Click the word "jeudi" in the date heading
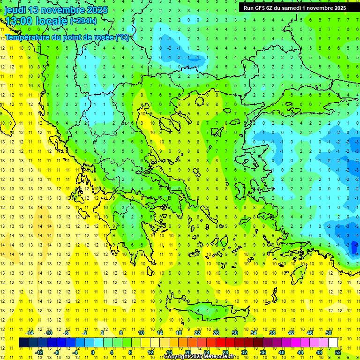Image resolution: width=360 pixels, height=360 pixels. pyautogui.click(x=15, y=10)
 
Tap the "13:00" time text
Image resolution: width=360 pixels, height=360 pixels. pyautogui.click(x=19, y=21)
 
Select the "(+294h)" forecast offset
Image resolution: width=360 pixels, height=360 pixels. pyautogui.click(x=83, y=21)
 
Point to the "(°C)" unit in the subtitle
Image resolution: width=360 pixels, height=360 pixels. pyautogui.click(x=123, y=37)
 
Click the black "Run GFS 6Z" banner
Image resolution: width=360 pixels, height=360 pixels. pyautogui.click(x=292, y=7)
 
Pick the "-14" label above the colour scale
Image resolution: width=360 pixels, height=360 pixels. pyautogui.click(x=29, y=333)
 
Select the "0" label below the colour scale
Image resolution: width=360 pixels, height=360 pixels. pyautogui.click(x=93, y=352)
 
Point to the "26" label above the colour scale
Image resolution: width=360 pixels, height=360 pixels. pyautogui.click(x=216, y=333)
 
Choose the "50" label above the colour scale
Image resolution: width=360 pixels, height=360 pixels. pyautogui.click(x=329, y=333)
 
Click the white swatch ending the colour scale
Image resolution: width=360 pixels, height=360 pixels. pyautogui.click(x=333, y=343)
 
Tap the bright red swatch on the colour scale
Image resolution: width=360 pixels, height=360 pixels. pyautogui.click(x=221, y=343)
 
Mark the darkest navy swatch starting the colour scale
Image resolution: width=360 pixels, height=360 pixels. pyautogui.click(x=23, y=343)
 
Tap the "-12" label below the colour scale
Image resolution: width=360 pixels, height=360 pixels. pyautogui.click(x=38, y=352)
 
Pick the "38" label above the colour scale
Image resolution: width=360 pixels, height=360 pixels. pyautogui.click(x=272, y=333)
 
